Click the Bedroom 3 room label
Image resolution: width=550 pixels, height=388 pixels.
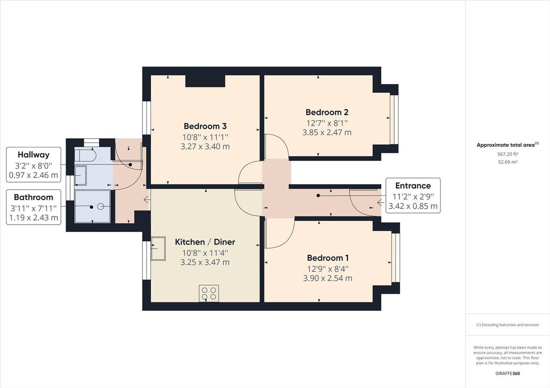205,126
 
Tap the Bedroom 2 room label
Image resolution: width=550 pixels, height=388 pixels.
327,112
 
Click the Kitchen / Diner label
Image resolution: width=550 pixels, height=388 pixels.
205,242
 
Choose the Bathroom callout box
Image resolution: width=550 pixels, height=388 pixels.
33,207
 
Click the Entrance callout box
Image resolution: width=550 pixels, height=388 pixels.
412,196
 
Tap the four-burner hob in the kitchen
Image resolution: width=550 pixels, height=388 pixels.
209,293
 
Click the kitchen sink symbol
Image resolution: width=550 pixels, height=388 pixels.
159,248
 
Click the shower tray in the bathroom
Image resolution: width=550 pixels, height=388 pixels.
93,206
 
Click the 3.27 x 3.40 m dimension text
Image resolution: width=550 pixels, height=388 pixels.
206,147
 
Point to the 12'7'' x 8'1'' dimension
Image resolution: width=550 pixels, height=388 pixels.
327,123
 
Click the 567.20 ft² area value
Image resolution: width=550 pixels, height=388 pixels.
507,154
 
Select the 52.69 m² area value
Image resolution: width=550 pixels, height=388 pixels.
507,162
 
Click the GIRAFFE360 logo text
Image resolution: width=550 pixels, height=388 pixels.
507,373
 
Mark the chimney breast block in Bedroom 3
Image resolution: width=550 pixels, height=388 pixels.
205,81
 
